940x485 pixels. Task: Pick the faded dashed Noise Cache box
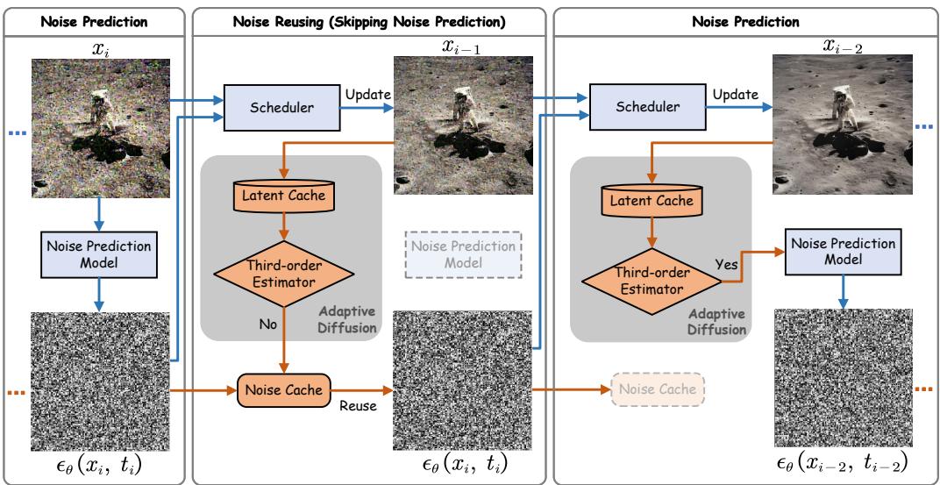tap(658, 389)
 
